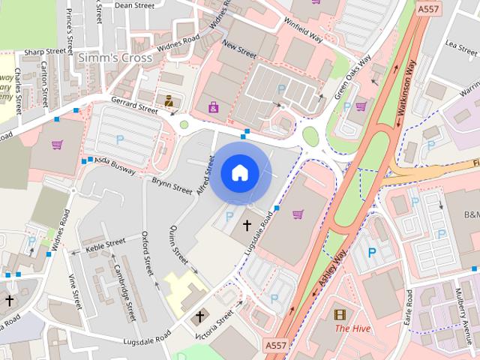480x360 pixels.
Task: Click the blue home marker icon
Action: tap(239, 173)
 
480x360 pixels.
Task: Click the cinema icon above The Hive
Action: tap(342, 315)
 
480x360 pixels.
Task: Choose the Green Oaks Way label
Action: tap(352, 78)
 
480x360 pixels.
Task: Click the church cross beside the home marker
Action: tap(247, 225)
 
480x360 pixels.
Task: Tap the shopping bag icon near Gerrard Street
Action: tap(214, 107)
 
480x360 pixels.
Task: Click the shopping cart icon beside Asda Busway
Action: tap(57, 145)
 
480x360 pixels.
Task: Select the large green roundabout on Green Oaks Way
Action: tap(310, 136)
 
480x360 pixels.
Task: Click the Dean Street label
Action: tap(134, 5)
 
